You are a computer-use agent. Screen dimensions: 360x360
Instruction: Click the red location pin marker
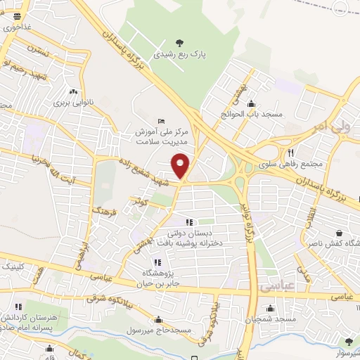point(181,166)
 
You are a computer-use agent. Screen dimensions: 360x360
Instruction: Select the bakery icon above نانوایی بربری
point(72,91)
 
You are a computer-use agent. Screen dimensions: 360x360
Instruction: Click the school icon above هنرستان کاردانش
point(19,307)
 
